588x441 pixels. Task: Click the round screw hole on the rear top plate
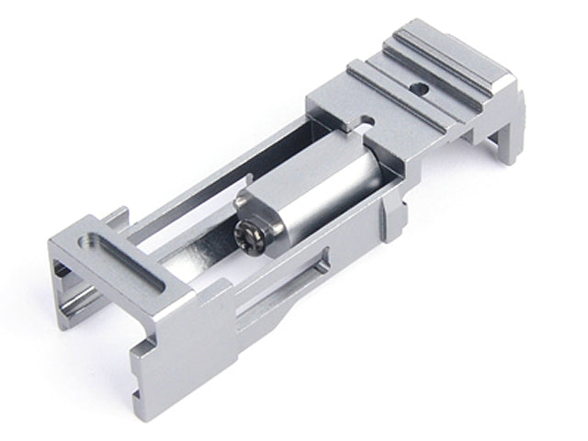(421, 89)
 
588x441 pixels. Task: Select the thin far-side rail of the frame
(220, 175)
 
